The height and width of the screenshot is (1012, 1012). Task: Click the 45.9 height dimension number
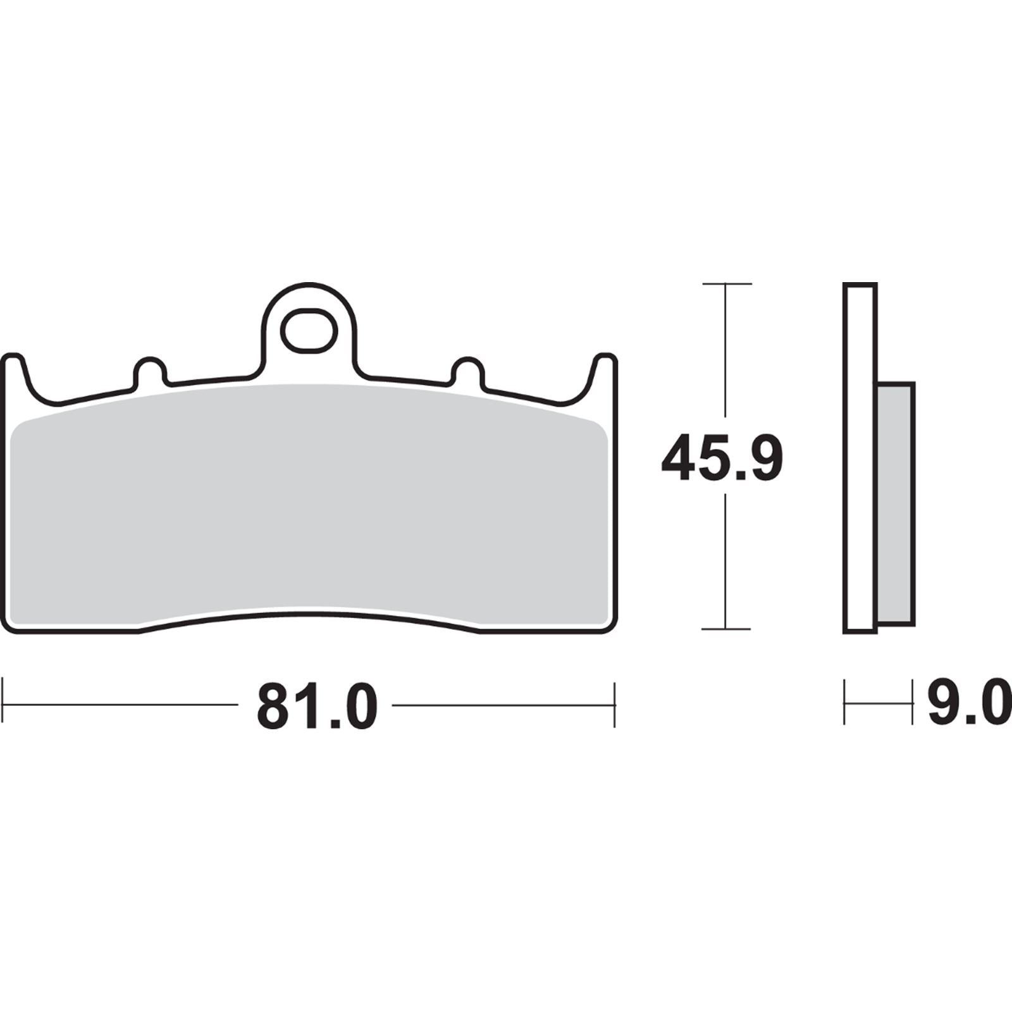click(722, 457)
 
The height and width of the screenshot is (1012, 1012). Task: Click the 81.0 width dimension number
click(316, 703)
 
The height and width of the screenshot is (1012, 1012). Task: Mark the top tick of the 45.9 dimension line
click(726, 283)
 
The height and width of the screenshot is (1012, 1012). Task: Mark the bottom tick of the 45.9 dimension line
click(726, 629)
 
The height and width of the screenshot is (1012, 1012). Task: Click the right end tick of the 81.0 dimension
click(614, 703)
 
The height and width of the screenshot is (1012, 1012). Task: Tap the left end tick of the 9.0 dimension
click(846, 701)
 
